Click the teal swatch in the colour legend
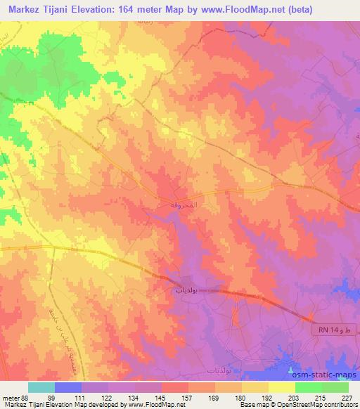pyautogui.click(x=41, y=387)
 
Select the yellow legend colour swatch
pyautogui.click(x=281, y=387)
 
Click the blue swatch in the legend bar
pyautogui.click(x=68, y=387)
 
